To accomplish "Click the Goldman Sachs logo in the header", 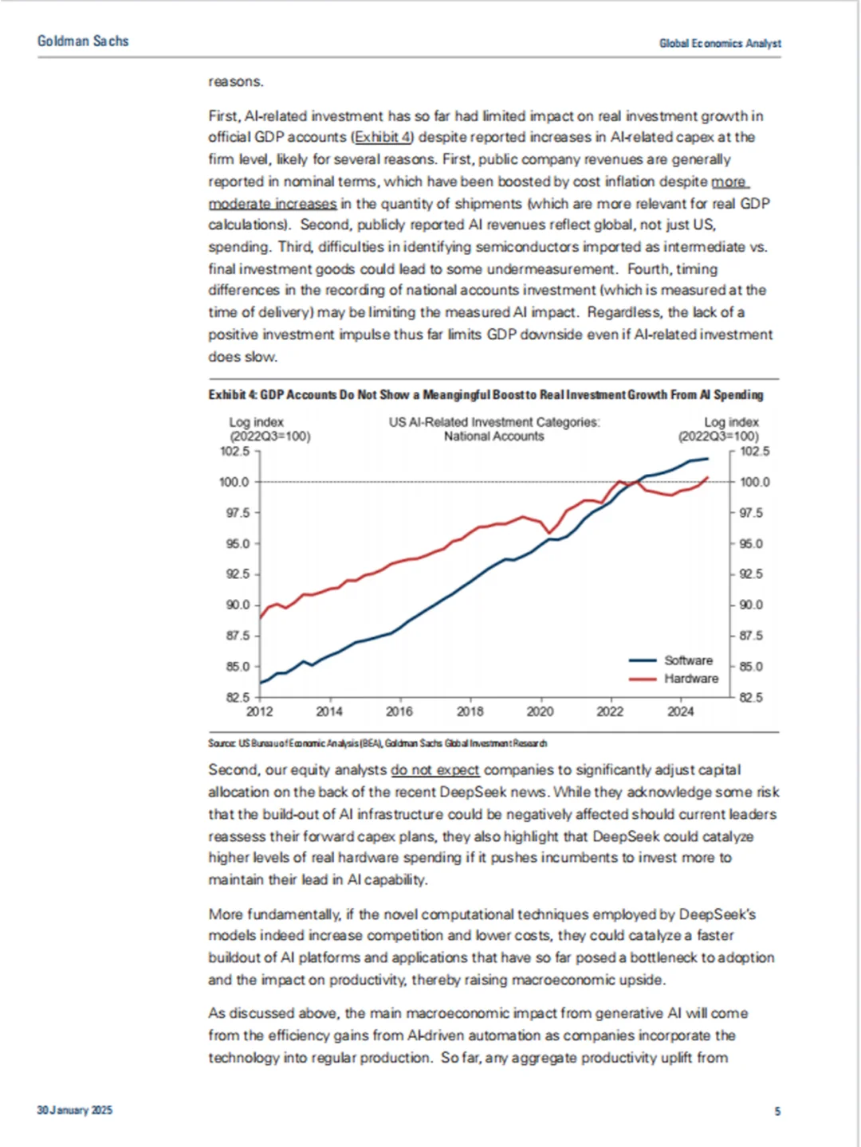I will click(83, 41).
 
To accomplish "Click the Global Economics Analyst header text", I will click(720, 43).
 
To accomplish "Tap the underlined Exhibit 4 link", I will click(383, 137).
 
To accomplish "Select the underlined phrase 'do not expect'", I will click(435, 769).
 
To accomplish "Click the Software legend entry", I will click(688, 660).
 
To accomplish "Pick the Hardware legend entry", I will click(690, 679).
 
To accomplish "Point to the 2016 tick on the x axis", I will click(399, 711).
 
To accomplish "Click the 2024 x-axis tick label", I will click(680, 711).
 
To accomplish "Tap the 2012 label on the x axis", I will click(259, 711).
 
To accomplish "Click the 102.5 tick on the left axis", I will click(234, 451).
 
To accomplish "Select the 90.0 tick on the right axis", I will click(751, 605).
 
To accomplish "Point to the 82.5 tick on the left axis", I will click(234, 697).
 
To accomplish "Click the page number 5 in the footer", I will click(777, 1111).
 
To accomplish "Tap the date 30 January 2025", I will click(74, 1110).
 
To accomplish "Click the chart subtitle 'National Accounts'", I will click(493, 436).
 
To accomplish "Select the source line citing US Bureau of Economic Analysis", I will click(378, 743).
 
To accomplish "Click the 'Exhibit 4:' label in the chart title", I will click(233, 394).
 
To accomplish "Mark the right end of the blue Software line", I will click(708, 458).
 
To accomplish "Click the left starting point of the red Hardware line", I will click(261, 617).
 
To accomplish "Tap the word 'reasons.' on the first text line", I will click(236, 81).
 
